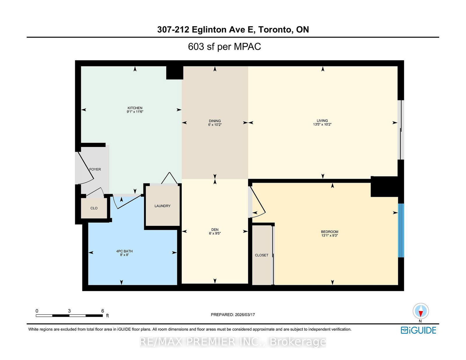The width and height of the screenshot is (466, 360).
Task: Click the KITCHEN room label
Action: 135,108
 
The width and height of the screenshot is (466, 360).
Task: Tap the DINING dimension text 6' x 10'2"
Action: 215,125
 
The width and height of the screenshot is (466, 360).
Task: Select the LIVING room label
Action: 322,120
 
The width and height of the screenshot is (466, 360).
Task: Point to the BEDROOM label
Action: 329,232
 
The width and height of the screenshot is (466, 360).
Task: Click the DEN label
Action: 215,230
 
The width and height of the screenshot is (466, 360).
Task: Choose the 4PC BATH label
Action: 124,251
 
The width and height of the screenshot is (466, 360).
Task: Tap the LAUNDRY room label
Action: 163,206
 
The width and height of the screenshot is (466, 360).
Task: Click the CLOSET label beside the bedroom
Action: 262,255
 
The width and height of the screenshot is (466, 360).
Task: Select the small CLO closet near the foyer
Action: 94,208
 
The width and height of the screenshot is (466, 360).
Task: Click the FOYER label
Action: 95,169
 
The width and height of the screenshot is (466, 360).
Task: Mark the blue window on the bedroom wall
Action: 401,230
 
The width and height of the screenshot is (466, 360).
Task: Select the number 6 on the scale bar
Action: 103,311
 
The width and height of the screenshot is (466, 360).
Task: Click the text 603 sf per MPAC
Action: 224,47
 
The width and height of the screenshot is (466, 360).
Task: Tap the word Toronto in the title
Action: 275,29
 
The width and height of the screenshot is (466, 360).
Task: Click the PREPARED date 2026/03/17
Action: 245,315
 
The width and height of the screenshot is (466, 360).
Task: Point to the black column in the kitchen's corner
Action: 174,73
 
